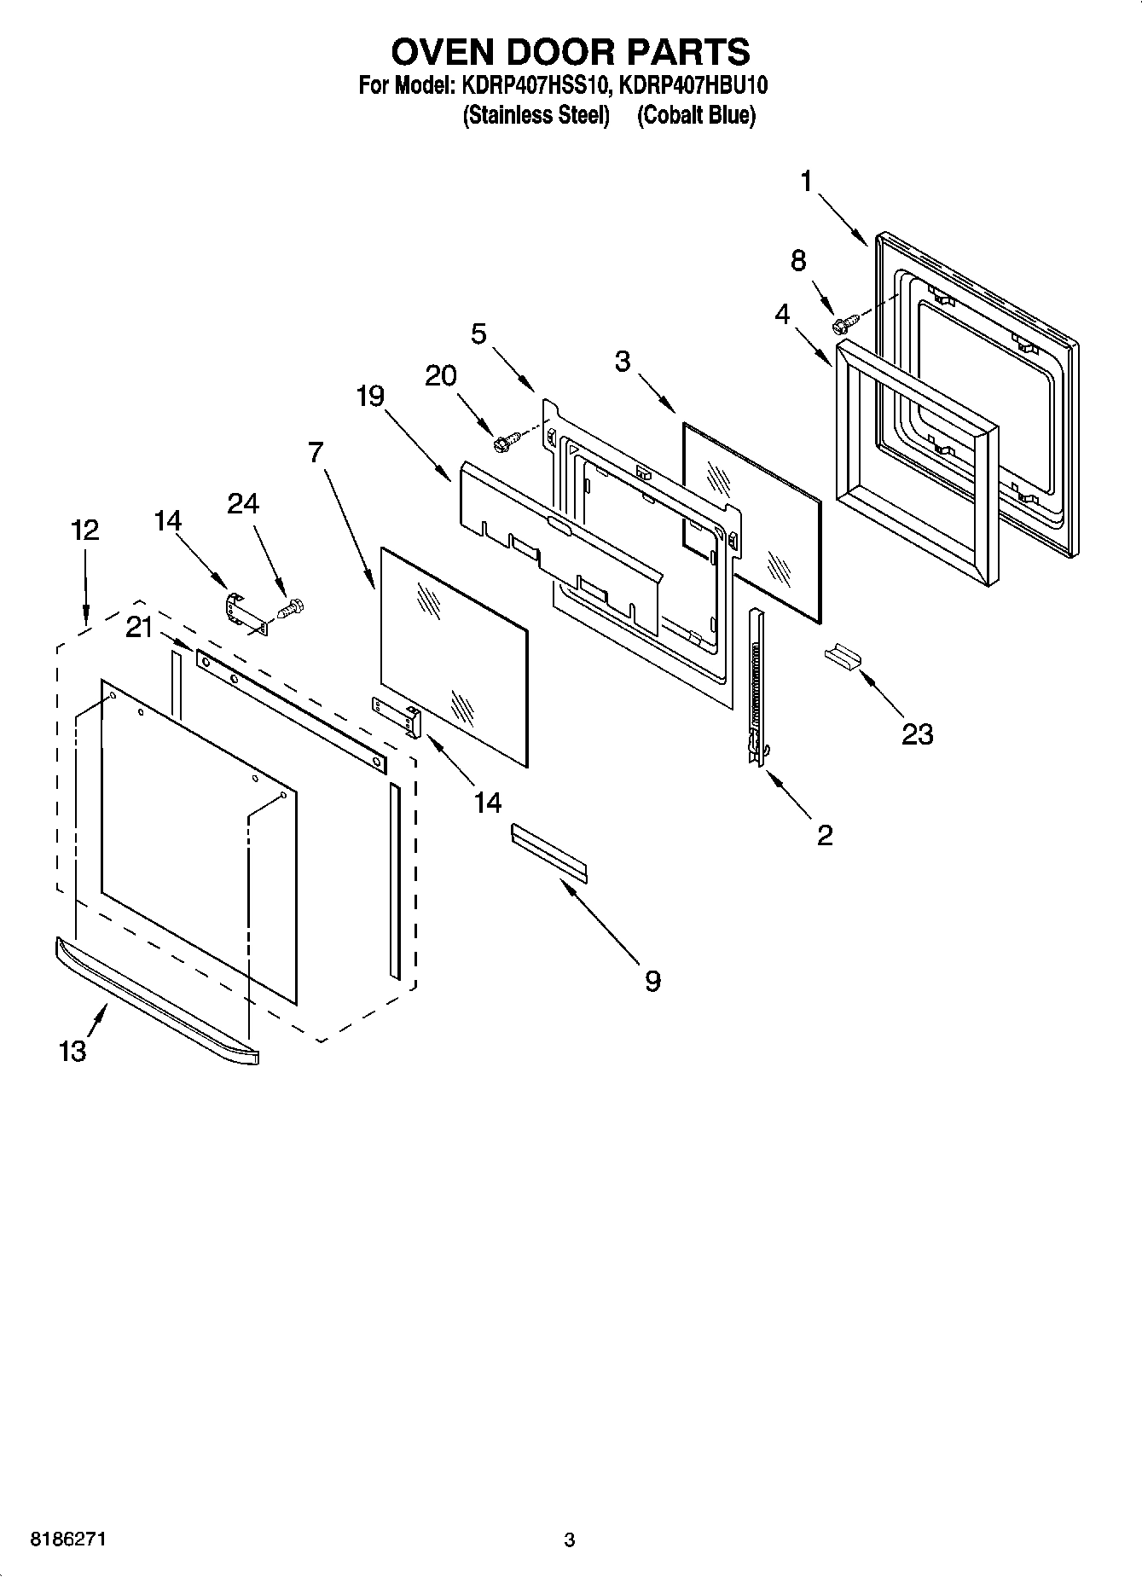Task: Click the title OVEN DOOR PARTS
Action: (570, 52)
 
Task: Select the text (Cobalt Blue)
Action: (696, 115)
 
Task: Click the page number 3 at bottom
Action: (569, 1540)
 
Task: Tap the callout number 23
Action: (917, 733)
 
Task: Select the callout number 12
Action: (84, 530)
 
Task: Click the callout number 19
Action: (370, 397)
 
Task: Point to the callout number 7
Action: (316, 452)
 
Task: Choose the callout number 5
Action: (479, 333)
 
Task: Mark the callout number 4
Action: (782, 314)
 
